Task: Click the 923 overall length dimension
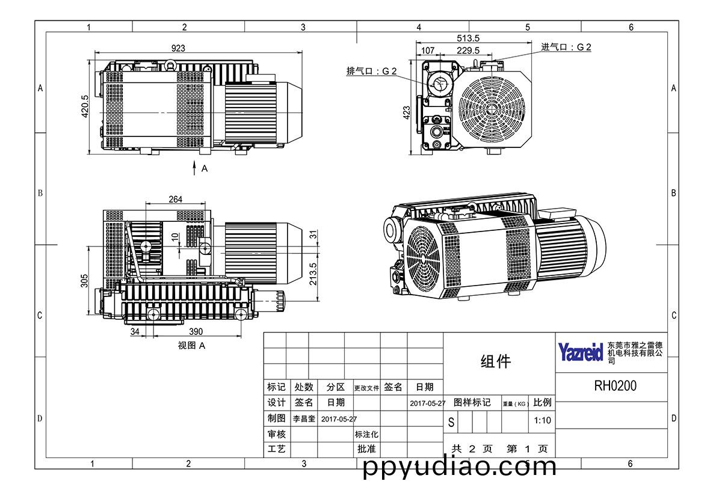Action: point(178,48)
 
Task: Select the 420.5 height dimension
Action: point(85,106)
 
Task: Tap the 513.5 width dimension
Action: point(468,38)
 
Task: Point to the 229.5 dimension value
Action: point(468,51)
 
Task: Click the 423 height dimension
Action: point(407,112)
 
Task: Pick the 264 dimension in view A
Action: point(175,200)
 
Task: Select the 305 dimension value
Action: point(84,281)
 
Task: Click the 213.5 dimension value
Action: point(313,274)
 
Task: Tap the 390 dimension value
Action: point(196,332)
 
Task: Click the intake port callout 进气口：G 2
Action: point(566,47)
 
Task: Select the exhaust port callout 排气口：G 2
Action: point(371,71)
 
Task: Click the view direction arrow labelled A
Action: point(194,168)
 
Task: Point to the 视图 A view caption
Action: point(191,346)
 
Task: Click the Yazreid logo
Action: point(580,352)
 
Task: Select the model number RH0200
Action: point(616,386)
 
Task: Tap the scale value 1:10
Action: point(542,420)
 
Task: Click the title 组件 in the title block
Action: point(496,361)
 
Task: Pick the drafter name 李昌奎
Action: point(304,419)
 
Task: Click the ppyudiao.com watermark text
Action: point(460,468)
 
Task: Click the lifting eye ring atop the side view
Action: point(170,64)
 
